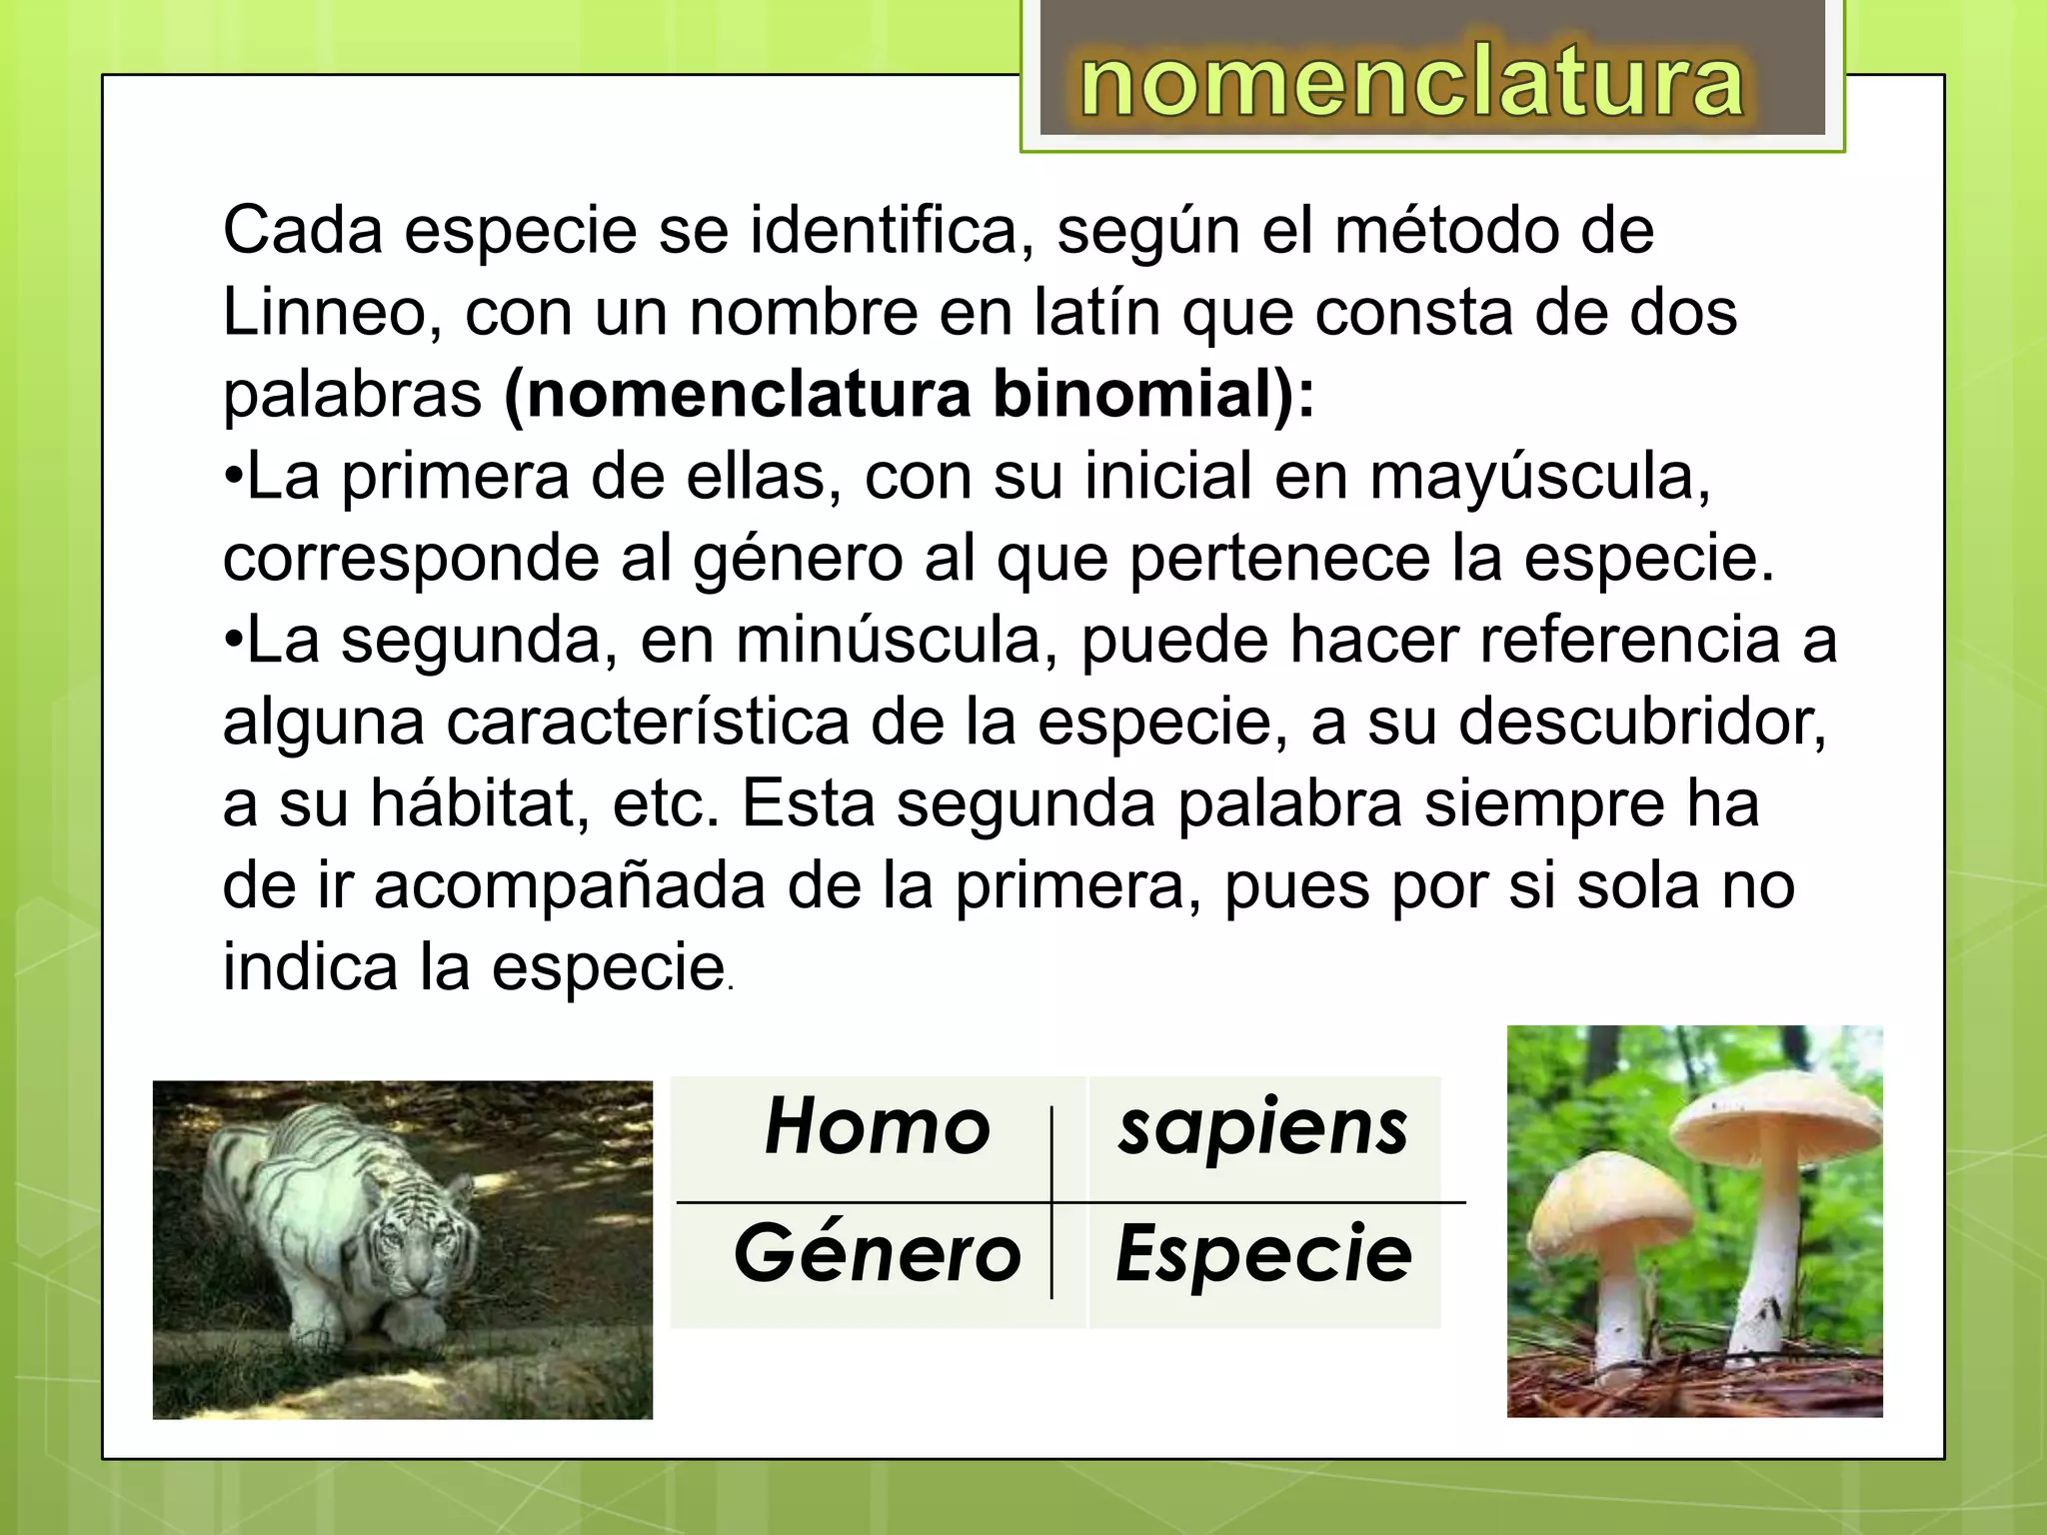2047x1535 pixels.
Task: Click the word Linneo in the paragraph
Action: pyautogui.click(x=331, y=313)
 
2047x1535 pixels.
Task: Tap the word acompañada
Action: pyautogui.click(x=569, y=886)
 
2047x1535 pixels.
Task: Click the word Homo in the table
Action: pyautogui.click(x=877, y=1127)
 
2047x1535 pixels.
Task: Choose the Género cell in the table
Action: pyautogui.click(x=877, y=1254)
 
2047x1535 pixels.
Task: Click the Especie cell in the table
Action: pyautogui.click(x=1263, y=1254)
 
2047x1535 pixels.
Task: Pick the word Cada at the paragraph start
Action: pyautogui.click(x=303, y=231)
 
